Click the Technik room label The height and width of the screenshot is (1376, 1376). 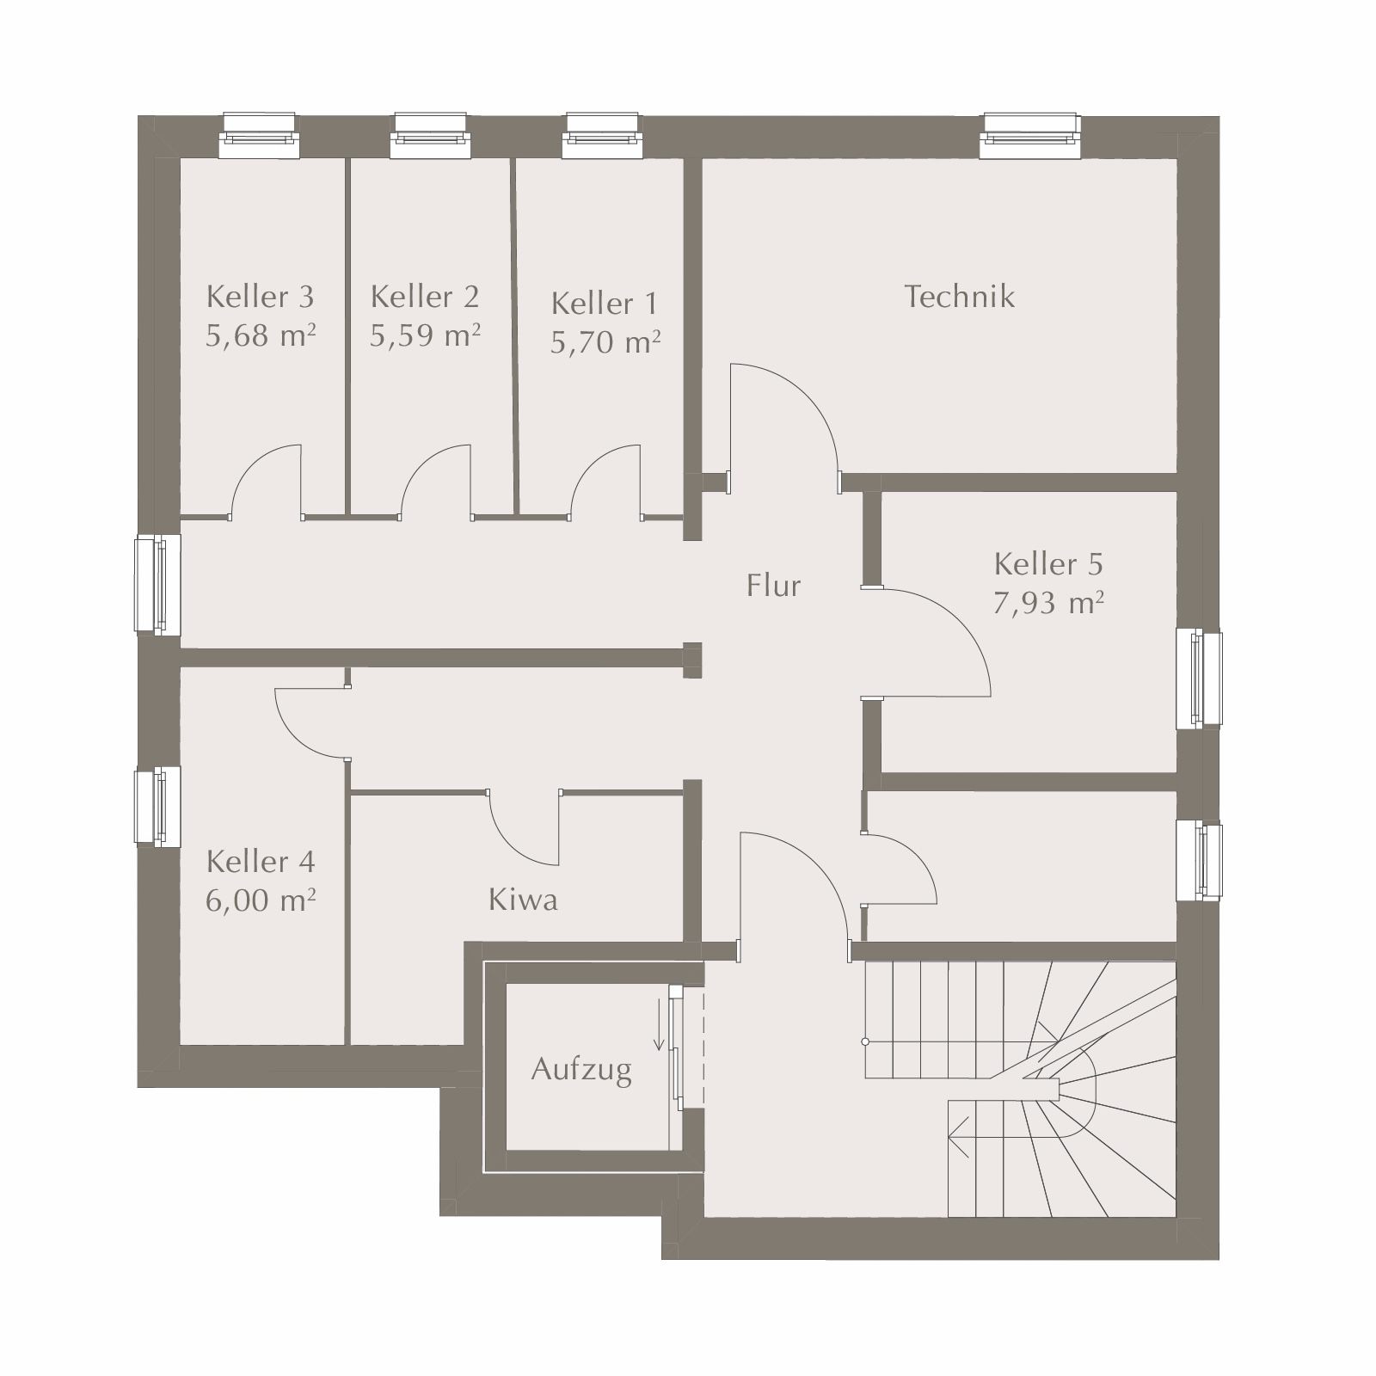coord(959,297)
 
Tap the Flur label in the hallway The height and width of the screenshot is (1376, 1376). coord(773,586)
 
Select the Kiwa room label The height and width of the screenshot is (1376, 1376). coord(523,900)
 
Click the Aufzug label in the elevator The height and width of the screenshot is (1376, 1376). coord(581,1070)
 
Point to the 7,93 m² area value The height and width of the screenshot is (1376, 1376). coord(1048,603)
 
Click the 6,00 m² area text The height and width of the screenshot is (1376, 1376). coord(261,900)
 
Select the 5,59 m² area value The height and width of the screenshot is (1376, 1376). coord(425,335)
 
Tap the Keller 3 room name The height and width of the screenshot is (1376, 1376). coord(261,297)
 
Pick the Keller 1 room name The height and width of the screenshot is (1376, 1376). coord(605,304)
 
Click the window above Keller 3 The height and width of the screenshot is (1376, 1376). coord(259,136)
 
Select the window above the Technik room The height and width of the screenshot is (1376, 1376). coord(1030,136)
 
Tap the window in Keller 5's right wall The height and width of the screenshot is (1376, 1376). coord(1199,679)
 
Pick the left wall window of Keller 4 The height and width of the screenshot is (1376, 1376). coord(157,806)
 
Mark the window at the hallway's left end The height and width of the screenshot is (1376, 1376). coord(157,585)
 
